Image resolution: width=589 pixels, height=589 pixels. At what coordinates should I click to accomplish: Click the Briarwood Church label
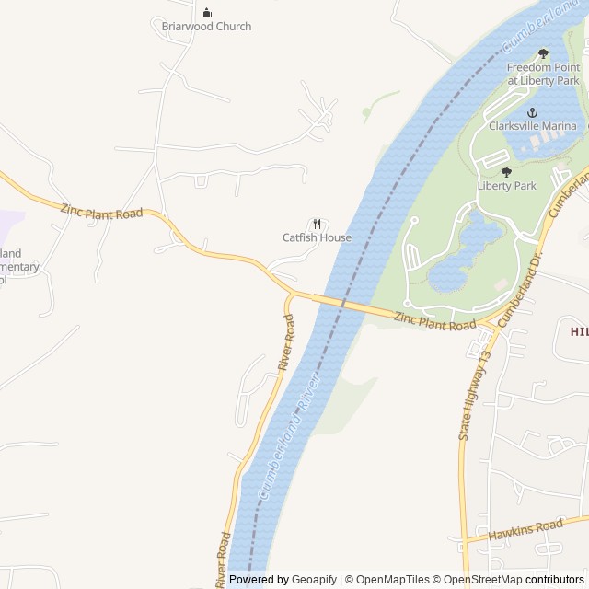tap(206, 27)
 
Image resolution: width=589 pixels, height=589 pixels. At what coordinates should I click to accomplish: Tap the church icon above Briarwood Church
tap(206, 12)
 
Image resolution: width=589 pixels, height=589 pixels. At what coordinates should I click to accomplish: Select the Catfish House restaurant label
tap(317, 237)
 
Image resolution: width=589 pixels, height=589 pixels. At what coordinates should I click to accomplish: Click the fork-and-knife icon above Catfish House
tap(317, 224)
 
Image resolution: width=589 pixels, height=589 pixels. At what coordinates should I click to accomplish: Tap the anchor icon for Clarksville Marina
tap(531, 112)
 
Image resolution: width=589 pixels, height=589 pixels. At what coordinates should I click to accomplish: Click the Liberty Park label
tap(506, 185)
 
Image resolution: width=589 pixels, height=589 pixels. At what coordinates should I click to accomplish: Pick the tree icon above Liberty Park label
tap(506, 171)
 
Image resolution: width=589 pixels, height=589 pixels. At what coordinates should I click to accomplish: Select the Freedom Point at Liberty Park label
tap(543, 74)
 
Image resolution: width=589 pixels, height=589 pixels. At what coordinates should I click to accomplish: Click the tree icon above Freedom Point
tap(543, 53)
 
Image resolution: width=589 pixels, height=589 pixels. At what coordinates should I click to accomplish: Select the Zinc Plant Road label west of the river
tap(101, 212)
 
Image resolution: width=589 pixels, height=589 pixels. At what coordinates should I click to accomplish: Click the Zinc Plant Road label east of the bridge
tap(435, 321)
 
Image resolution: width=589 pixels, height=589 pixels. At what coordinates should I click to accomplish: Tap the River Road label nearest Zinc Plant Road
tap(287, 343)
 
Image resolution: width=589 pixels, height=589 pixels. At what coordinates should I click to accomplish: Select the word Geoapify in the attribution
tap(314, 580)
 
